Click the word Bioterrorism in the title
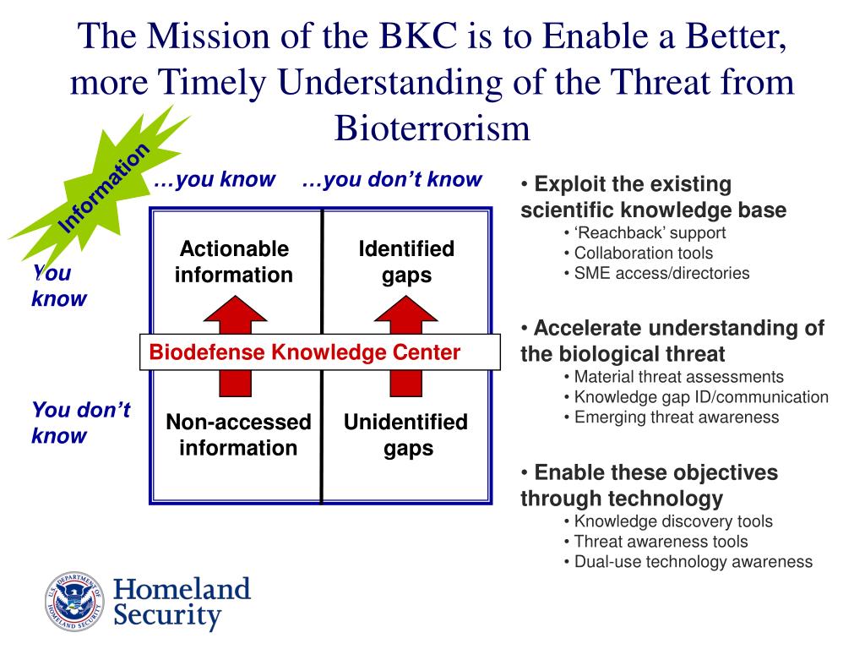click(432, 128)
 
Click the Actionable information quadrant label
click(234, 262)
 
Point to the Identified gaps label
click(406, 262)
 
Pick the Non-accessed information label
click(238, 434)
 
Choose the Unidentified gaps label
click(405, 434)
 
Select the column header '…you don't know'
click(391, 179)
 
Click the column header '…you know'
click(215, 179)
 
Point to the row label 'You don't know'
click(80, 423)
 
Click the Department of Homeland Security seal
click(73, 601)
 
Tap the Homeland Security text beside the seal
click(182, 601)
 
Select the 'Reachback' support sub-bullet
click(649, 232)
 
